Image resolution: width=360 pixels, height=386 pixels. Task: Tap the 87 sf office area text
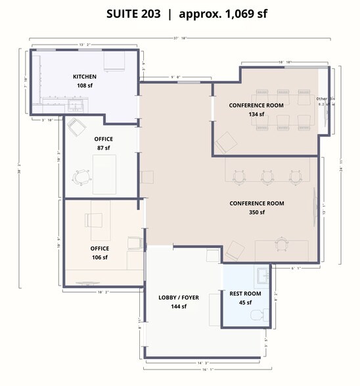pos(103,148)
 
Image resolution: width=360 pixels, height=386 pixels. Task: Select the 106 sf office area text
pos(99,257)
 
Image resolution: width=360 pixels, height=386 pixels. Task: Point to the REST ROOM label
pos(245,293)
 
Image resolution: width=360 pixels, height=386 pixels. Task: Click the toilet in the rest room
pos(258,316)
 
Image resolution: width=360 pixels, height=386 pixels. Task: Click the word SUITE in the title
pos(125,14)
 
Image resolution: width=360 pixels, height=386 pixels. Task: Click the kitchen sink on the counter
pos(78,104)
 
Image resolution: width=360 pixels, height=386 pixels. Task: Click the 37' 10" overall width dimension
pos(180,39)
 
